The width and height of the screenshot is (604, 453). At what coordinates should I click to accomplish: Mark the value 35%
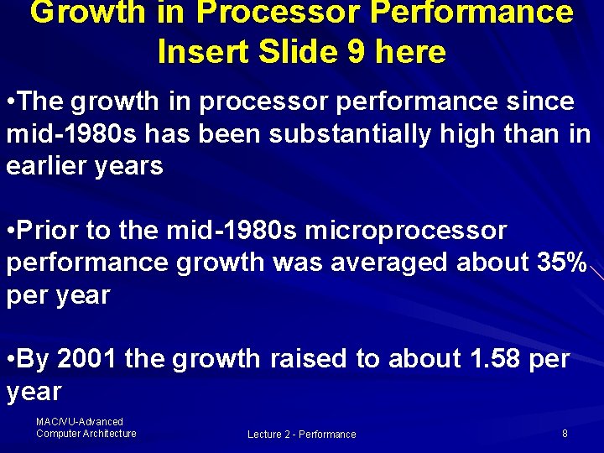pos(559,263)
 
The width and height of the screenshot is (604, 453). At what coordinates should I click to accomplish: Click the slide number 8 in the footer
pos(565,434)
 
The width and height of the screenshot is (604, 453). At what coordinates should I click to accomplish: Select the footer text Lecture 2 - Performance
pos(301,435)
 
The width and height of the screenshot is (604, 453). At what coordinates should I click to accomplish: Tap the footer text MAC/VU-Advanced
pos(80,422)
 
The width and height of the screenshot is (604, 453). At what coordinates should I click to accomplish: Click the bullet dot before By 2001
pos(10,360)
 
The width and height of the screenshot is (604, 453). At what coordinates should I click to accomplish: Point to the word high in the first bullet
pos(479,134)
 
